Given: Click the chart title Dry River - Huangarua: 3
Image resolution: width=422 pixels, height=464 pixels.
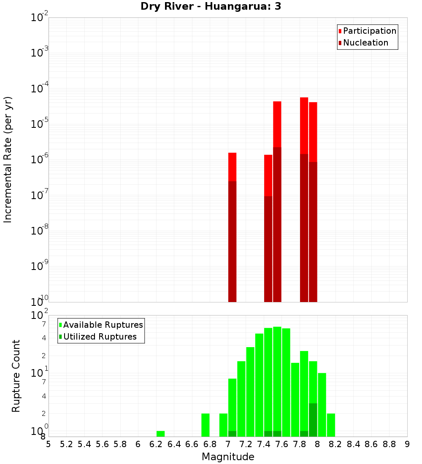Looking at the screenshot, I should point(211,7).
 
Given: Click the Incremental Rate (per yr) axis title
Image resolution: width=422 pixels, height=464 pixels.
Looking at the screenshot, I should point(8,159).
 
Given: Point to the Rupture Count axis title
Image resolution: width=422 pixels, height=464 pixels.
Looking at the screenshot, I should point(16,376).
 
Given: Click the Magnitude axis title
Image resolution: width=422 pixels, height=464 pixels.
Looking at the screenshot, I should point(228,457).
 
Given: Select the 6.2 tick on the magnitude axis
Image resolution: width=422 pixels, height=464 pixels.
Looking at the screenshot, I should point(156,445).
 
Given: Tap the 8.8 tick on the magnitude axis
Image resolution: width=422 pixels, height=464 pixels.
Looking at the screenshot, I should point(389,445).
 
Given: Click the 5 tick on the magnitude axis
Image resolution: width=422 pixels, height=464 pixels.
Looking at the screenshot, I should point(49,445).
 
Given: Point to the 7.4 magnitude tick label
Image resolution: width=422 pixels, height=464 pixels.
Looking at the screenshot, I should point(264,445).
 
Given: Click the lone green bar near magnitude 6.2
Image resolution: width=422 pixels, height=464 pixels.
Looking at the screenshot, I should point(160,434).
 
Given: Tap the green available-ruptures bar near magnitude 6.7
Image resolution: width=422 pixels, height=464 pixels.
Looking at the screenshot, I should point(206,425).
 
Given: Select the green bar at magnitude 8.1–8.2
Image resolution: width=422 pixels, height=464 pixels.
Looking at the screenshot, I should point(331,425).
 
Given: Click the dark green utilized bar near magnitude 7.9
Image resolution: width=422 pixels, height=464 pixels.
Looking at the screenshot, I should point(313,420).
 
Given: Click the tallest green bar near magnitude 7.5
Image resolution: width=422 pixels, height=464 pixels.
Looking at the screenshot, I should point(277,380).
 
